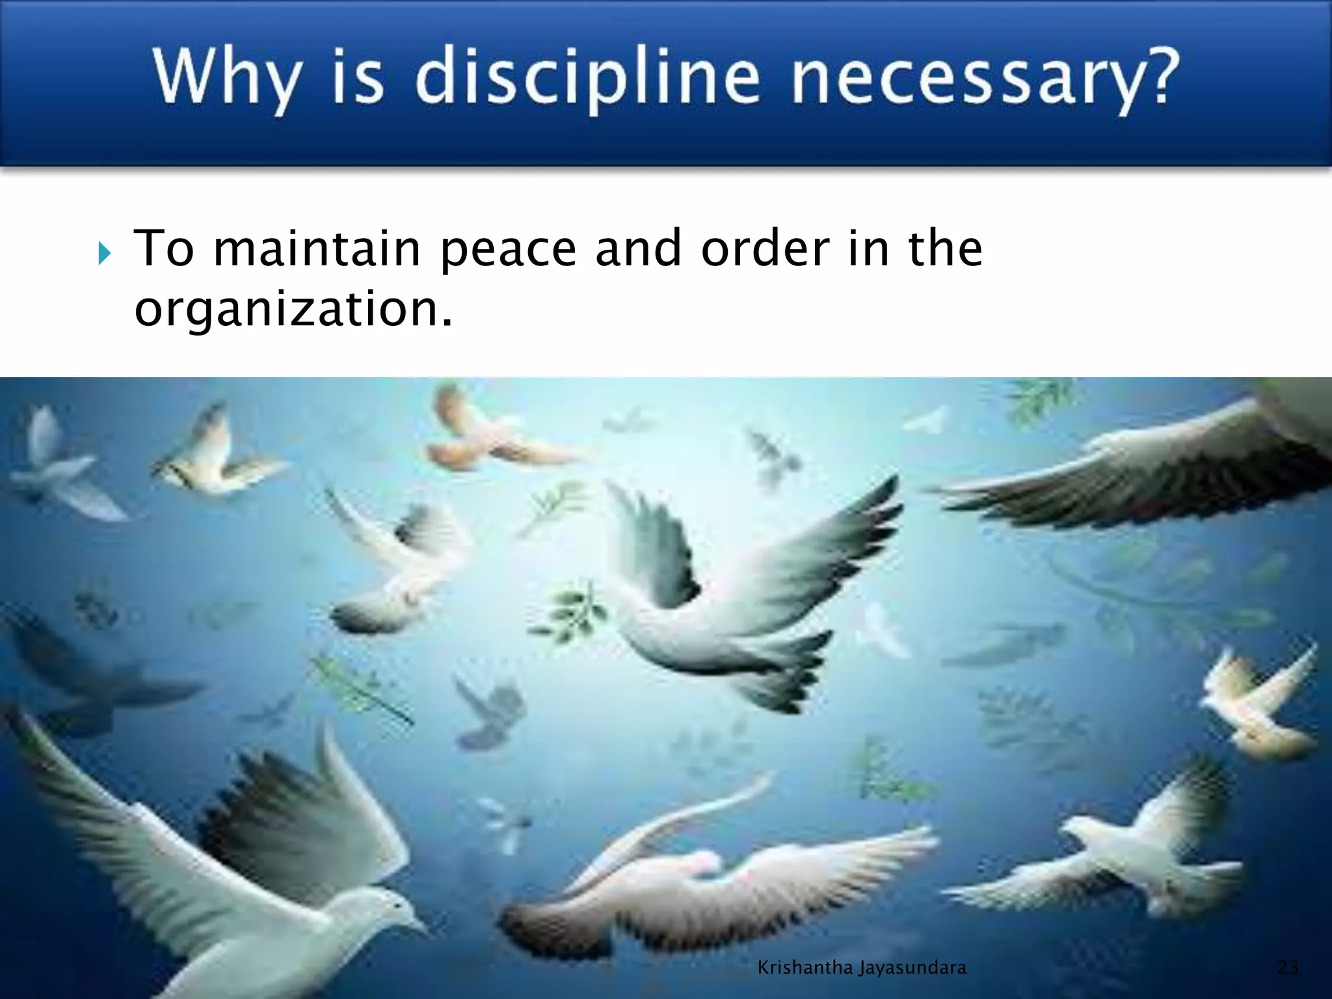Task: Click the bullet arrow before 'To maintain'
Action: (x=105, y=253)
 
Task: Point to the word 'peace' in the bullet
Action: (x=508, y=250)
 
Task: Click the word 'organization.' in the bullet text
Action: (x=293, y=310)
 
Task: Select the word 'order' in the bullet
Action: (x=765, y=248)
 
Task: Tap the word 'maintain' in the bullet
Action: (x=317, y=248)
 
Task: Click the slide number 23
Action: (x=1288, y=967)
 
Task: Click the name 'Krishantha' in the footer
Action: (x=805, y=968)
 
